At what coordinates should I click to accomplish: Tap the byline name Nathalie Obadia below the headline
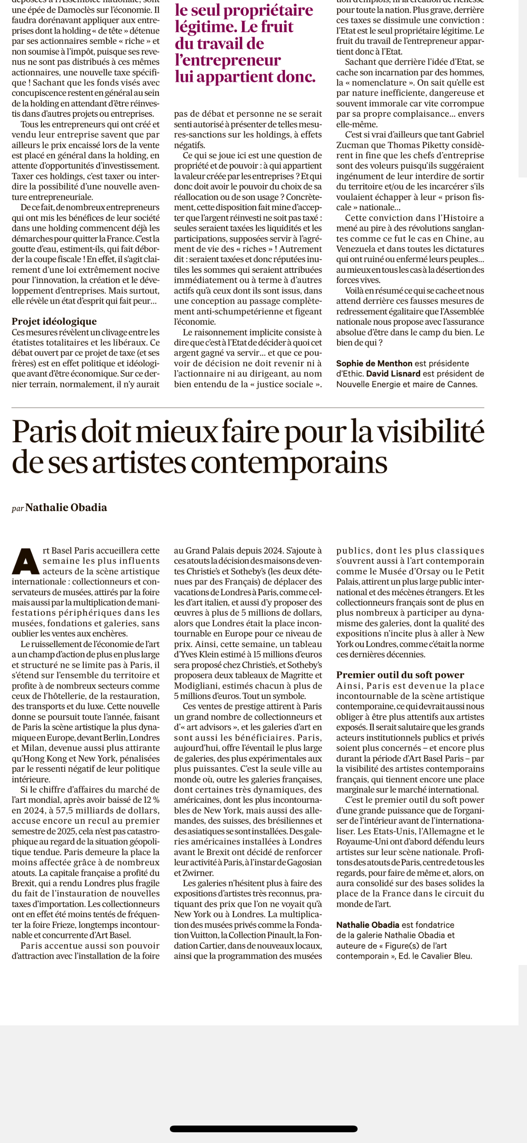click(66, 508)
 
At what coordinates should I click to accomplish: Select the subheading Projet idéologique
click(54, 321)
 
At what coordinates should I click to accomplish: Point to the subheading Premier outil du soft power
click(400, 675)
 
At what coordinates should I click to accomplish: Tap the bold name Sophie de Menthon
click(374, 363)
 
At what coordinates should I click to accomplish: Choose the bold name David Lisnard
click(393, 373)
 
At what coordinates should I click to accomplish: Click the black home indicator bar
click(263, 1129)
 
